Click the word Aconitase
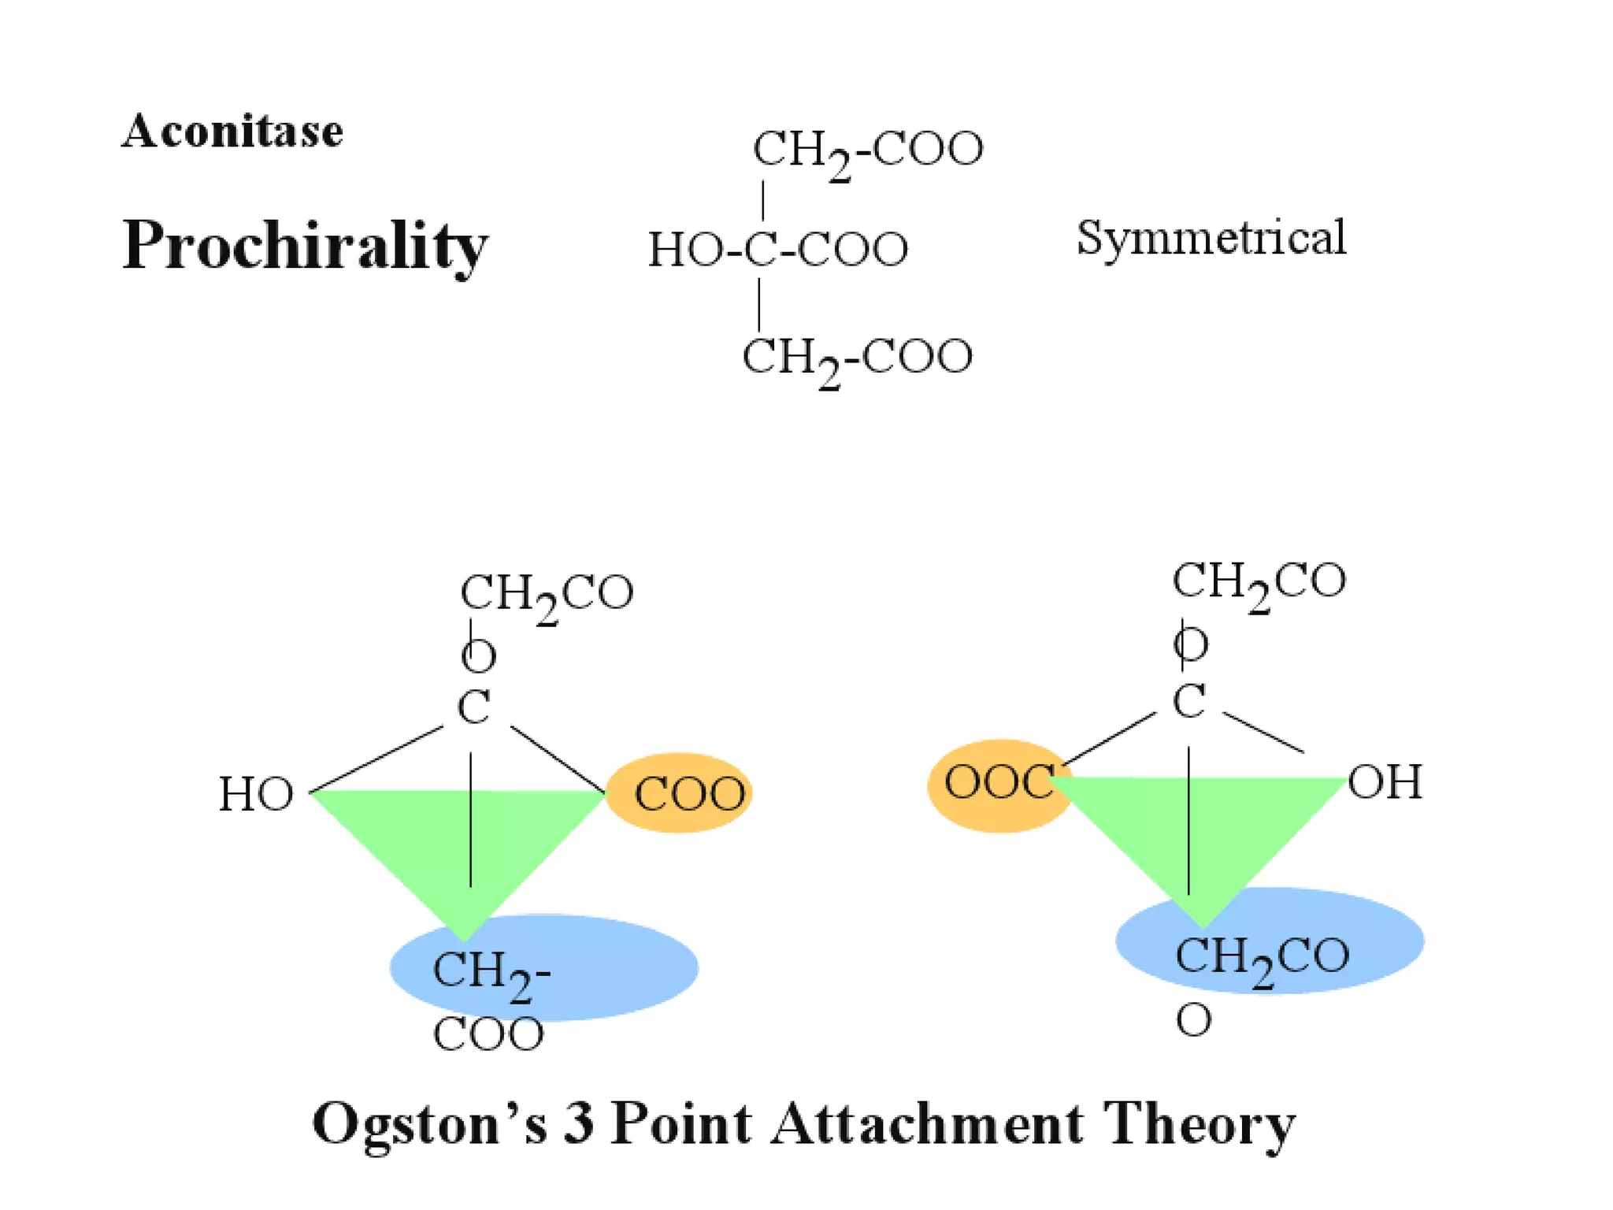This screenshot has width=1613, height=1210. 232,131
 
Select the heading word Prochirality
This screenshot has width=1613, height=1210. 305,245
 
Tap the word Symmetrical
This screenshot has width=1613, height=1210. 1211,238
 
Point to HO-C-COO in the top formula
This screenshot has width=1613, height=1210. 778,250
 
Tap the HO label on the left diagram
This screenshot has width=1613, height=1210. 256,794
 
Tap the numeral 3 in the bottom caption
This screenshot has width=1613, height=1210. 579,1123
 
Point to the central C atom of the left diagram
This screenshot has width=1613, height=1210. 473,707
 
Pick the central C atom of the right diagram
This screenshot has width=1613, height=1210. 1188,700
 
